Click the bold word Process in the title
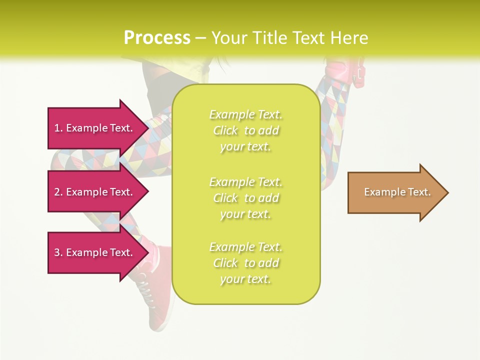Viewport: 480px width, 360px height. point(157,38)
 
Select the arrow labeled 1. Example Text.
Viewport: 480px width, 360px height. point(95,128)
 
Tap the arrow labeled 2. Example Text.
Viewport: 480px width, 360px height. point(95,192)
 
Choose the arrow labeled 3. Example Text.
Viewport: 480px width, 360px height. point(95,252)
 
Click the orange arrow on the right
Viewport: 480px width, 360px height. point(395,192)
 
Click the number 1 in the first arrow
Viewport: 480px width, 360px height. point(57,128)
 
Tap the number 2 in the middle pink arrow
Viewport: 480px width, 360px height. point(57,192)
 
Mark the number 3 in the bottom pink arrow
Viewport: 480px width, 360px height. point(57,252)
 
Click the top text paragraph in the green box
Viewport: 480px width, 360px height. point(245,130)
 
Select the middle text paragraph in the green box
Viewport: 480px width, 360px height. point(245,198)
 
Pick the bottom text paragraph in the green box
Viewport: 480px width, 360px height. point(245,263)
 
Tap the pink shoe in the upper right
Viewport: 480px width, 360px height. point(345,72)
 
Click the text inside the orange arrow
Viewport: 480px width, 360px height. point(397,192)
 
